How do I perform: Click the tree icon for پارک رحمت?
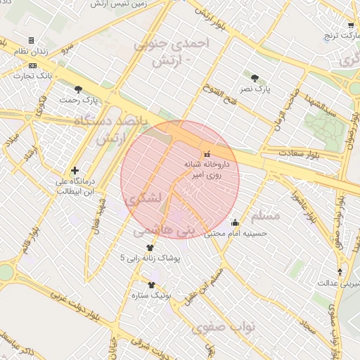point(78,89)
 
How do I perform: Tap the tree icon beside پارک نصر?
point(254,78)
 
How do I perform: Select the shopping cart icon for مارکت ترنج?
point(351,25)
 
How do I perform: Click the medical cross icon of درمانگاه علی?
point(75,170)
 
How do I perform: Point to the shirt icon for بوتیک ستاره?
point(151,285)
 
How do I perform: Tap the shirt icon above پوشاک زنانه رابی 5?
point(150,247)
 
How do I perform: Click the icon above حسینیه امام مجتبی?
point(235,223)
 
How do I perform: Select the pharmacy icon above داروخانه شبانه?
point(206,154)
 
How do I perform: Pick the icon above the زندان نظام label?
point(30,40)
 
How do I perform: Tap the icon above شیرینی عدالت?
point(340,272)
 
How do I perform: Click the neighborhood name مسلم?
point(265,214)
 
